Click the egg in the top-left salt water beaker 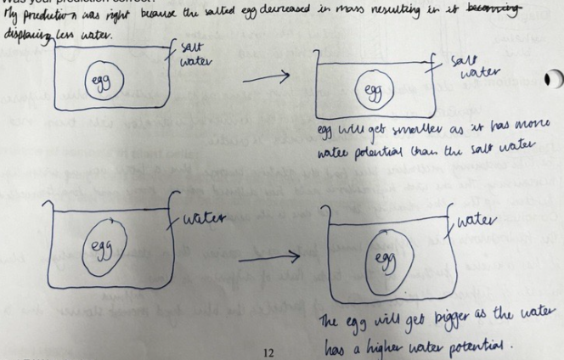(106, 82)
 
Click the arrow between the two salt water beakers (266, 79)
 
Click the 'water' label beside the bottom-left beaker (204, 218)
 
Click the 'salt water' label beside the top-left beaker (189, 54)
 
